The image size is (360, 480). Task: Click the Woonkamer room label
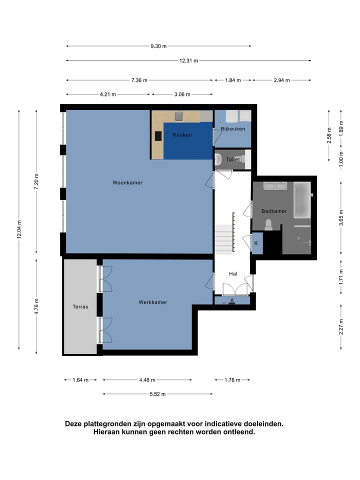pos(127,183)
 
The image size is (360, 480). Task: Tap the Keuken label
pos(182,134)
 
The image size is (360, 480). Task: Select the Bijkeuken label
pos(232,129)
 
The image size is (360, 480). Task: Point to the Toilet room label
pos(233,159)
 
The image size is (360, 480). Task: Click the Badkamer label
pos(274,211)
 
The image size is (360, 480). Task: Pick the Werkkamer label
pos(153,302)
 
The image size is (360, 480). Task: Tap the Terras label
pos(80,306)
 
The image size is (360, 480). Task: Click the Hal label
pos(233,273)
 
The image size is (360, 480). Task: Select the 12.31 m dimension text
pos(188,60)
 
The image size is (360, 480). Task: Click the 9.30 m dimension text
pos(158,46)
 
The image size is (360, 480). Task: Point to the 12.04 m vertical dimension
pos(19,229)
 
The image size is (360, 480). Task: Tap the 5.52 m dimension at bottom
pos(157,394)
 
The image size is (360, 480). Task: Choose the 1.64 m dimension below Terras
pos(80,380)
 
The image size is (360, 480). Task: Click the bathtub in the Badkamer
pos(302,200)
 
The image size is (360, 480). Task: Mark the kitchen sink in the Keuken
pos(179,116)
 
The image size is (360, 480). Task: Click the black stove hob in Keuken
pos(158,136)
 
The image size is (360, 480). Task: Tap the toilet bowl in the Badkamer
pos(268,224)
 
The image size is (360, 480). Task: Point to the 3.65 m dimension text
pos(341,217)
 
